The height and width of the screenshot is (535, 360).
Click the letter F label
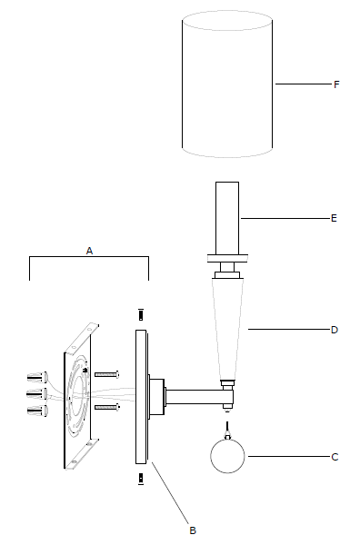pos(336,84)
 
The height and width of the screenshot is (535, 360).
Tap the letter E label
pos(334,218)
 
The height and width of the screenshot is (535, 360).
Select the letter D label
pos(335,330)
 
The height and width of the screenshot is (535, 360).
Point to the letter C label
pos(335,457)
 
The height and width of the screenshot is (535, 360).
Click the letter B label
pos(193,530)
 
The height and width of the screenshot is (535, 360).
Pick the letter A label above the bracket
pos(89,251)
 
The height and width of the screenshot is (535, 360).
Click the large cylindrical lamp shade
pos(227,84)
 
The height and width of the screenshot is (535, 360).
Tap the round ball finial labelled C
pos(227,456)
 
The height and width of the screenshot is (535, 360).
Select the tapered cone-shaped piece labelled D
pos(227,329)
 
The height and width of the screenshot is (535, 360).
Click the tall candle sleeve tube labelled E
pos(227,218)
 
